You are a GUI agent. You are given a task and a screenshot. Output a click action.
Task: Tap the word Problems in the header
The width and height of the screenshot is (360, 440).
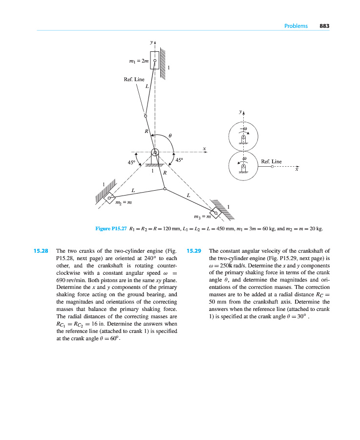point(296,26)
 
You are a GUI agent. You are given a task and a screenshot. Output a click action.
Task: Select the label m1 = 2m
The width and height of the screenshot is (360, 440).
point(138,61)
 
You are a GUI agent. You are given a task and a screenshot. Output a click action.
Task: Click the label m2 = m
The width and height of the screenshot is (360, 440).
point(123,203)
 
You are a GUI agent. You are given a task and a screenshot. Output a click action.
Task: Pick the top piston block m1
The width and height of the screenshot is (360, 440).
point(154,60)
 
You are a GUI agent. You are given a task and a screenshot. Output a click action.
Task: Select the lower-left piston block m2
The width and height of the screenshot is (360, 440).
point(109,198)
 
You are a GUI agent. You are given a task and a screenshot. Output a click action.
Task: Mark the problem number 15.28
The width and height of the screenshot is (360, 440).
point(41,251)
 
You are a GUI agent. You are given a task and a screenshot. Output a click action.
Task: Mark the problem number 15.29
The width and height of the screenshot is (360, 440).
point(194,251)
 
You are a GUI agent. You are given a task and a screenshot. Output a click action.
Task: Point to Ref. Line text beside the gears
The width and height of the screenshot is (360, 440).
point(272,161)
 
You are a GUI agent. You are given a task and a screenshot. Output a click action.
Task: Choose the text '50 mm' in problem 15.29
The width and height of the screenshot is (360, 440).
point(217,302)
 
